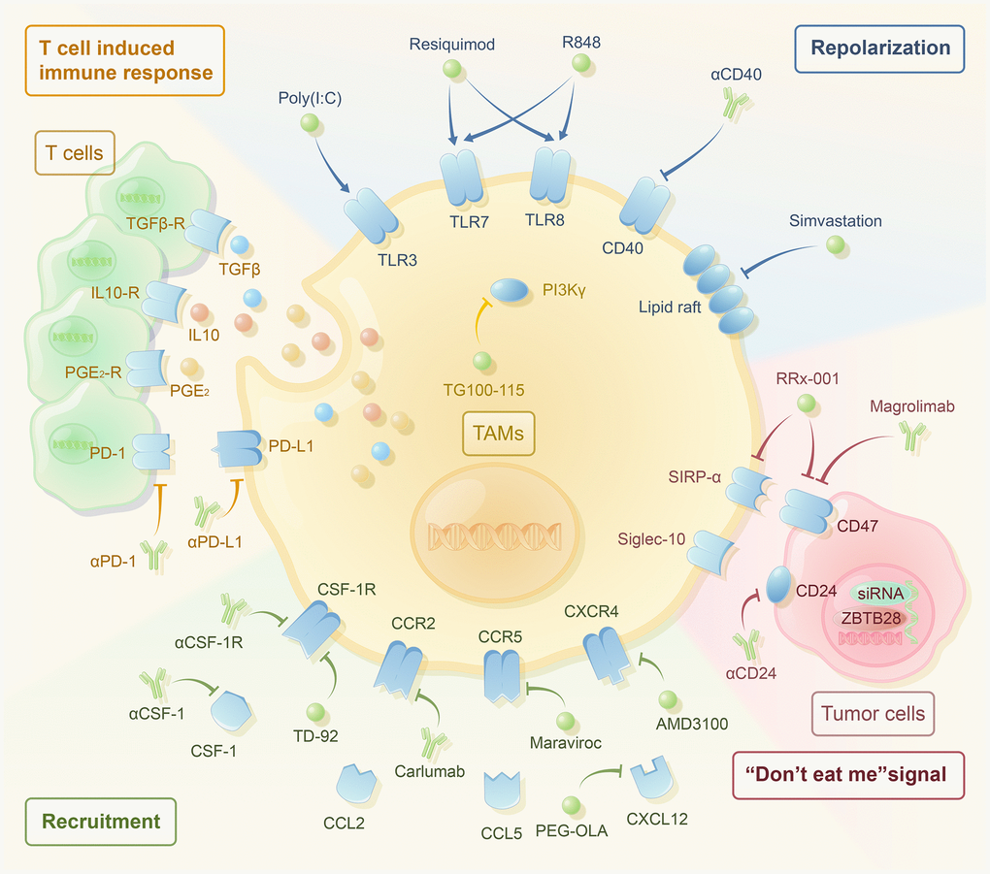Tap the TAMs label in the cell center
coord(496,434)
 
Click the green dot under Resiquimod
coord(449,69)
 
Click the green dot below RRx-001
coord(805,404)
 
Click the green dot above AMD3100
coord(667,698)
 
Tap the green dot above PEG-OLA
coord(573,804)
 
